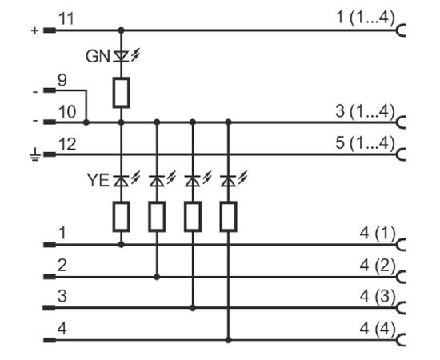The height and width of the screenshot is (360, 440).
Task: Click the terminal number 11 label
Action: [x=66, y=19]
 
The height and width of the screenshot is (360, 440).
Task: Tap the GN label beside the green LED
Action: [x=98, y=56]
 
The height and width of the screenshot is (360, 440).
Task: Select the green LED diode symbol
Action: [x=122, y=56]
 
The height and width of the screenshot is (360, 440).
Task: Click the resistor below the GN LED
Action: [x=122, y=93]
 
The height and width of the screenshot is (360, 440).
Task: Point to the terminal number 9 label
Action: [x=62, y=80]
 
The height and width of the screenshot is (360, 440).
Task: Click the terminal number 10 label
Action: [x=67, y=112]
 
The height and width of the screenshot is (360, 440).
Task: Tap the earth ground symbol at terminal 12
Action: [x=35, y=154]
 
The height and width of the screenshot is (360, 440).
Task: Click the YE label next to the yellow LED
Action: [x=98, y=180]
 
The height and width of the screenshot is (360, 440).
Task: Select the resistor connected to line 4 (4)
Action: [x=229, y=217]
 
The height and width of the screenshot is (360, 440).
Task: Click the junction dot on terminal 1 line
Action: [x=122, y=245]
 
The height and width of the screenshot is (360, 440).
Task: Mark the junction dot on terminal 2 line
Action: [x=157, y=277]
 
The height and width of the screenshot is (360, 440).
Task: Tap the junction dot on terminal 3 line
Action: [x=193, y=308]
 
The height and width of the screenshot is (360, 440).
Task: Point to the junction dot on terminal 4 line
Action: [x=229, y=340]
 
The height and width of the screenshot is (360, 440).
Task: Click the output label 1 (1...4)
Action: [x=366, y=18]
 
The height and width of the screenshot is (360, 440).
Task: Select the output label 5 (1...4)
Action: [x=366, y=143]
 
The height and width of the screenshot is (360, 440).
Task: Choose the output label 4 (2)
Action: [x=378, y=266]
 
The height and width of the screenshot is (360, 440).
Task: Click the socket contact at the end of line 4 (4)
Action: [x=402, y=340]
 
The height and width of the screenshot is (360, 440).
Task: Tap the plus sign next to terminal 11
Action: [x=34, y=30]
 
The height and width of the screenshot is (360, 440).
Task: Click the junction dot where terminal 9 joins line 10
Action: [x=86, y=122]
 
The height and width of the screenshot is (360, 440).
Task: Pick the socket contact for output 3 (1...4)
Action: [x=402, y=122]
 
